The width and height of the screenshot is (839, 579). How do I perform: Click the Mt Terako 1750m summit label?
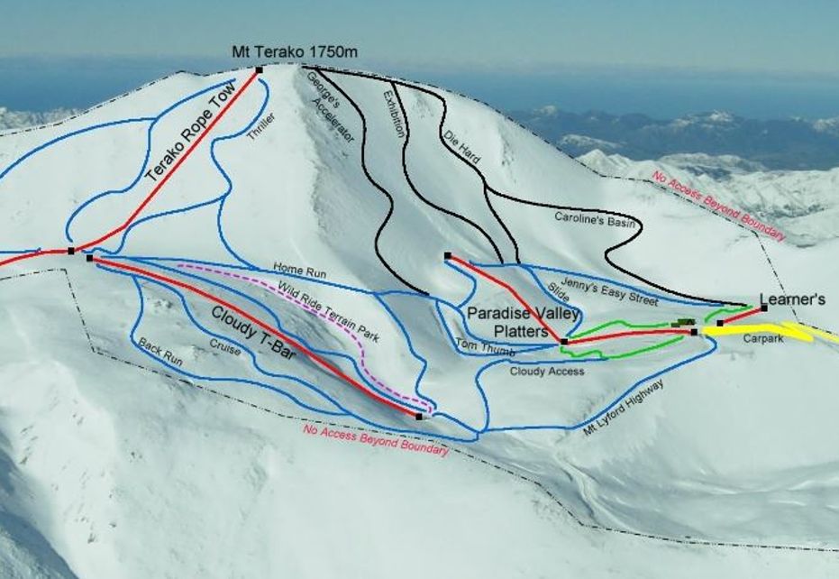[x=295, y=51]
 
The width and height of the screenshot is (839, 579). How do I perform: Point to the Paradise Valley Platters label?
[x=508, y=322]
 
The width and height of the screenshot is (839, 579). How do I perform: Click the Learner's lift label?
[x=792, y=299]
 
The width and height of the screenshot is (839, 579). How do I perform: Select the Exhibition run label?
[x=395, y=113]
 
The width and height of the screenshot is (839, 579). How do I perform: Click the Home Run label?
[x=300, y=270]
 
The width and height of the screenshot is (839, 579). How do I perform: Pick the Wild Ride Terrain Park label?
[x=328, y=312]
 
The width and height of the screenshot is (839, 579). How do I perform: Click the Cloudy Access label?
[x=547, y=371]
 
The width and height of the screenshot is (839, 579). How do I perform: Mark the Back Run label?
[x=160, y=353]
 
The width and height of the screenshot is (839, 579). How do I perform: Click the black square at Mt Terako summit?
[x=259, y=69]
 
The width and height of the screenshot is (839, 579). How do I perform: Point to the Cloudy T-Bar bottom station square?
[x=419, y=417]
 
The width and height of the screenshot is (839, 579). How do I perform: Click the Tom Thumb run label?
[x=478, y=345]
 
